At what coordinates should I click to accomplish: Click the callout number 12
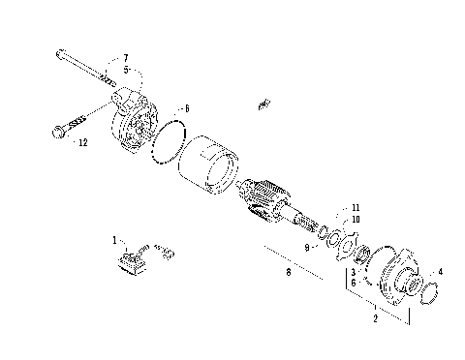click(x=83, y=142)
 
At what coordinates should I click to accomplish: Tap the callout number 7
click(x=124, y=60)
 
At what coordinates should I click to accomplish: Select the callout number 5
click(x=124, y=70)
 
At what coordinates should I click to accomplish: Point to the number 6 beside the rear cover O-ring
click(x=187, y=109)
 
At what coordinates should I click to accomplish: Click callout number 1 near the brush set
click(x=113, y=238)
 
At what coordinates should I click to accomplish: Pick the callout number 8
click(x=288, y=274)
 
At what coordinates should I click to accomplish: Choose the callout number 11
click(x=356, y=208)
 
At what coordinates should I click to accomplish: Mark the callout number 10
click(x=356, y=219)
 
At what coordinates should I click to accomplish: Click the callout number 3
click(x=355, y=274)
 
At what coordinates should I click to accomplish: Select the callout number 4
click(x=441, y=272)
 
